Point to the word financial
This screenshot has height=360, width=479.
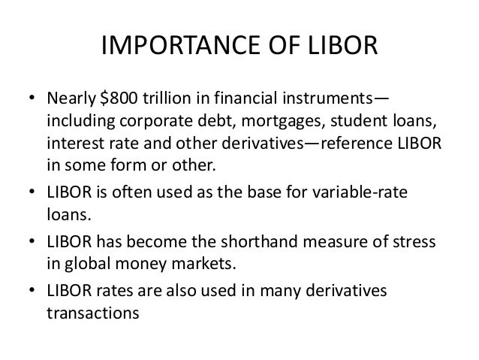click(248, 101)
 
